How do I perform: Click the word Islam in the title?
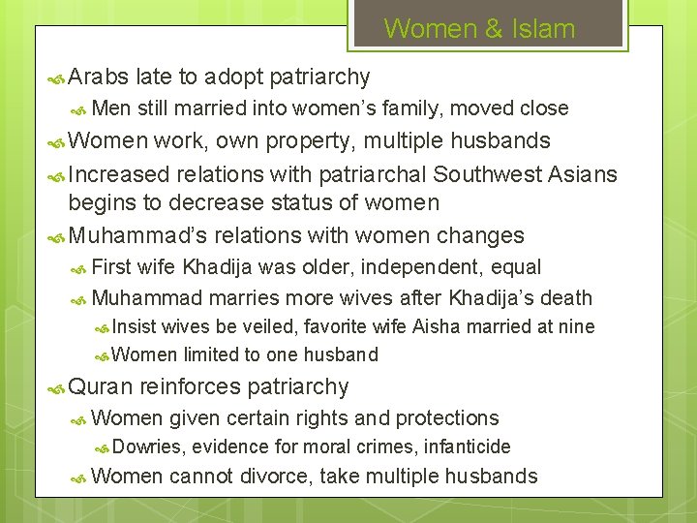point(546,29)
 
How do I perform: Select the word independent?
point(435,266)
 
